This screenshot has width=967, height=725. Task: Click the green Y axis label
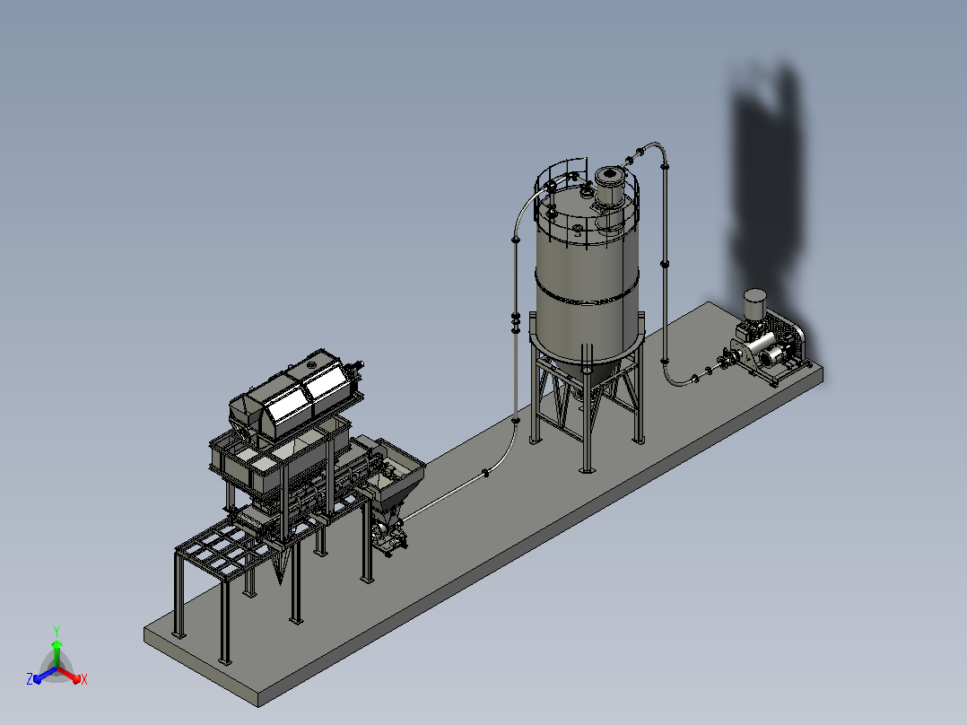[57, 631]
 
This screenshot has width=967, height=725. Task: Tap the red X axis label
[84, 679]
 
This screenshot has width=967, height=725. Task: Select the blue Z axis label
[30, 678]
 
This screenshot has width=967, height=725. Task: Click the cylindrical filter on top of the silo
[608, 186]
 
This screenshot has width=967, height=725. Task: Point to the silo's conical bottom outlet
[585, 376]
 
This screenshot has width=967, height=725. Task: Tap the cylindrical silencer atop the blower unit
[754, 303]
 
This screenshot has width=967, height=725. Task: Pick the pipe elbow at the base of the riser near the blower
[672, 376]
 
